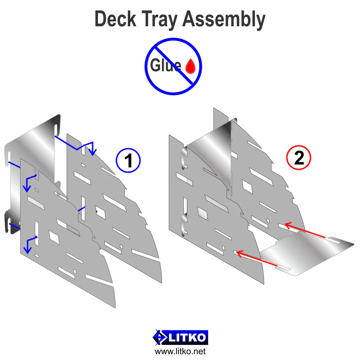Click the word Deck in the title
pos(116,19)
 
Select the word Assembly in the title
pos(224,20)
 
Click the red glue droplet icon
pos(190,66)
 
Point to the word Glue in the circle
pos(166,65)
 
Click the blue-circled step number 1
pos(128,161)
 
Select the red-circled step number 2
pos(299,158)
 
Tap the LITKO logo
pos(180,338)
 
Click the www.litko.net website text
pos(180,351)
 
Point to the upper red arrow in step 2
pos(305,230)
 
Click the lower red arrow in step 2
pos(257,259)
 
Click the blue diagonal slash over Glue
pos(174,65)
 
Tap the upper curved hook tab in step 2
pos(184,158)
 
